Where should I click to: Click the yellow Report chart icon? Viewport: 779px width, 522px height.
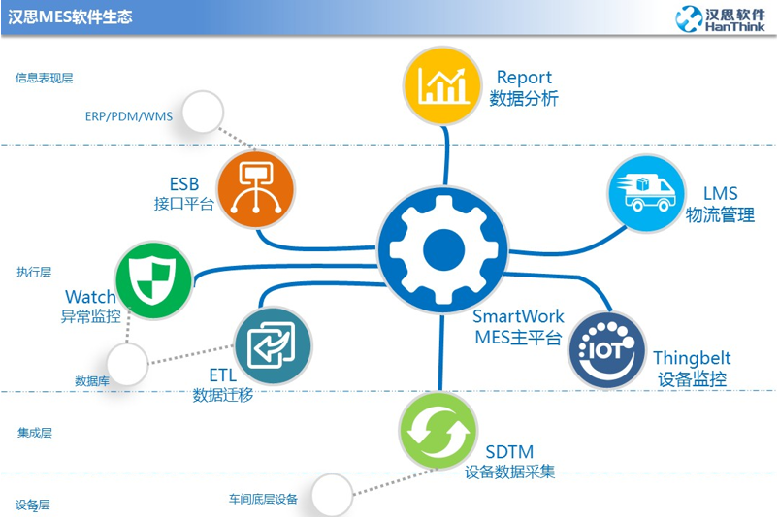[441, 86]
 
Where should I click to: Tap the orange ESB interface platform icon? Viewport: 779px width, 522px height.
[256, 189]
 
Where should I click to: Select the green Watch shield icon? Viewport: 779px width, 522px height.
[153, 280]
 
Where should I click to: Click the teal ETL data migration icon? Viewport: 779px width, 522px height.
[273, 345]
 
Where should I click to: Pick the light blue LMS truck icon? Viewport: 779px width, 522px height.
[646, 194]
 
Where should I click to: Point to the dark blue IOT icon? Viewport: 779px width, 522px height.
[607, 350]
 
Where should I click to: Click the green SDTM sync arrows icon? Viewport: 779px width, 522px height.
[438, 431]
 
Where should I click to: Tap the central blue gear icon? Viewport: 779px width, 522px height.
[443, 249]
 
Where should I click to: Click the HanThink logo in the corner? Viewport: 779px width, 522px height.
[720, 19]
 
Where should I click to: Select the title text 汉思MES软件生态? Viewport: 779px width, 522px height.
[70, 16]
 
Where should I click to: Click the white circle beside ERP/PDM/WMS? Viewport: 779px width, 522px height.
[203, 112]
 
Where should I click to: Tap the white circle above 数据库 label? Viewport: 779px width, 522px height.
[127, 364]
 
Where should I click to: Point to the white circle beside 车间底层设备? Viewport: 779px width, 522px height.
[333, 495]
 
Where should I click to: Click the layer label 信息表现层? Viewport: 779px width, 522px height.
[45, 78]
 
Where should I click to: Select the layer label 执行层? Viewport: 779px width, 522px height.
[34, 272]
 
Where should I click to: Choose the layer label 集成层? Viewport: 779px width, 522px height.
[34, 433]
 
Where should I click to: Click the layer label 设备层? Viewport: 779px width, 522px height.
[33, 506]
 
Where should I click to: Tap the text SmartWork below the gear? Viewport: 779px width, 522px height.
[518, 316]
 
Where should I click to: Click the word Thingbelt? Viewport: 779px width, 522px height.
[692, 358]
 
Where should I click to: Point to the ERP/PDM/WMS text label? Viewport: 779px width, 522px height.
[129, 116]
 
